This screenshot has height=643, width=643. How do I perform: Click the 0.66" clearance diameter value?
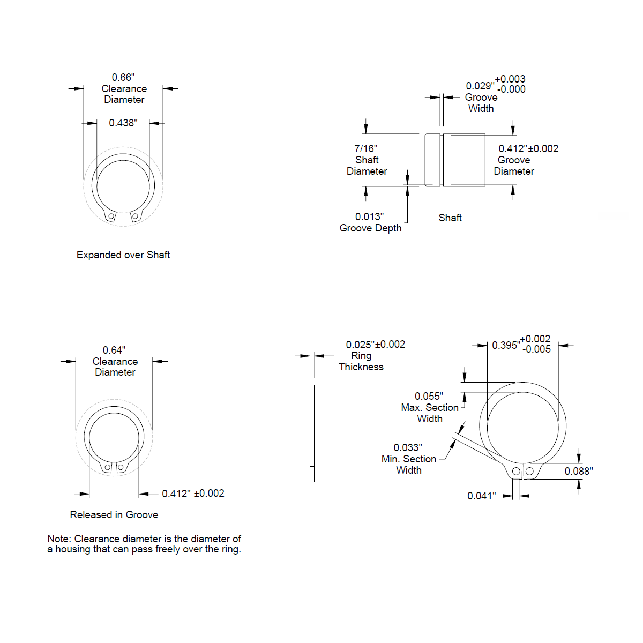pos(123,77)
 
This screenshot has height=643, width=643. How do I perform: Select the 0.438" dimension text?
pos(123,123)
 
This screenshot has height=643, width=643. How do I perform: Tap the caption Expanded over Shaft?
pos(123,255)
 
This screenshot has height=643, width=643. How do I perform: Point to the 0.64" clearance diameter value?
pos(114,350)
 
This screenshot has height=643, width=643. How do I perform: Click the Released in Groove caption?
pos(114,514)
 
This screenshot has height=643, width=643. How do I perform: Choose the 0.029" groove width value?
pos(480,86)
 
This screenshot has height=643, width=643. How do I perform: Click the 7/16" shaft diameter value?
pos(366,148)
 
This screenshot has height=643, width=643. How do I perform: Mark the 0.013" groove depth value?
pos(369,217)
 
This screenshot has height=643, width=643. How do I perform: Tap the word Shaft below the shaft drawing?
pos(450,218)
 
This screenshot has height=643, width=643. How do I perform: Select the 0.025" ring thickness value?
pos(361,345)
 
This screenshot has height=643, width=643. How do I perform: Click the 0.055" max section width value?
pos(429,397)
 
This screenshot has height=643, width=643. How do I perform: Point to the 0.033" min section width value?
pos(408,448)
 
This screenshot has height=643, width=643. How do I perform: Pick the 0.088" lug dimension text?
pos(579,472)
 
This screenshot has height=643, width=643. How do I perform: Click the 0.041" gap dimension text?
pos(482,496)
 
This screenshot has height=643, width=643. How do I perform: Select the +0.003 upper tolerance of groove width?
pos(510,79)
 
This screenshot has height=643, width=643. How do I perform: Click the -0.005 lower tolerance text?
pos(536,349)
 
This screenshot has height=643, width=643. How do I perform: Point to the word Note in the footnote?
pos(59,539)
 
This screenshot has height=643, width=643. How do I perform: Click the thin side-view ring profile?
pos(312,433)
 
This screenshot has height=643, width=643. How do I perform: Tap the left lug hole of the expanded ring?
pos(111,216)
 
